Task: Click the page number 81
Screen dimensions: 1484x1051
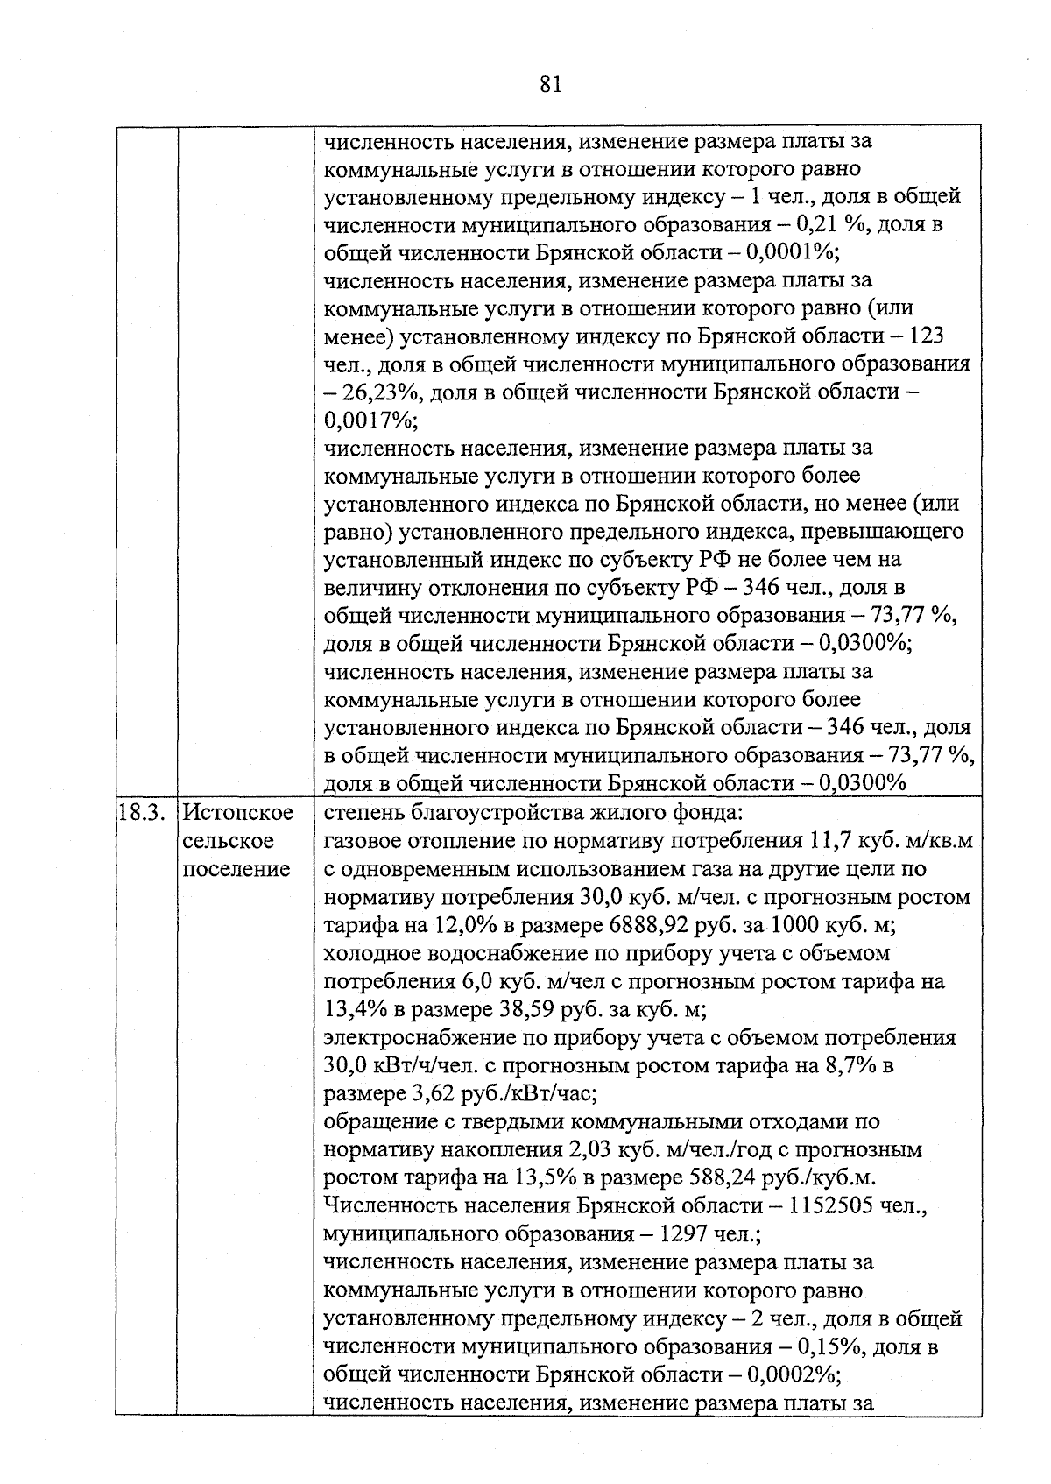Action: point(551,84)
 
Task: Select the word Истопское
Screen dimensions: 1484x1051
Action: point(239,813)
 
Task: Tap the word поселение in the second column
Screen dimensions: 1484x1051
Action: point(236,869)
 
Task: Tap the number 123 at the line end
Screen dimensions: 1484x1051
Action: point(926,336)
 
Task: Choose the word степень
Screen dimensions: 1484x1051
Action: point(361,813)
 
